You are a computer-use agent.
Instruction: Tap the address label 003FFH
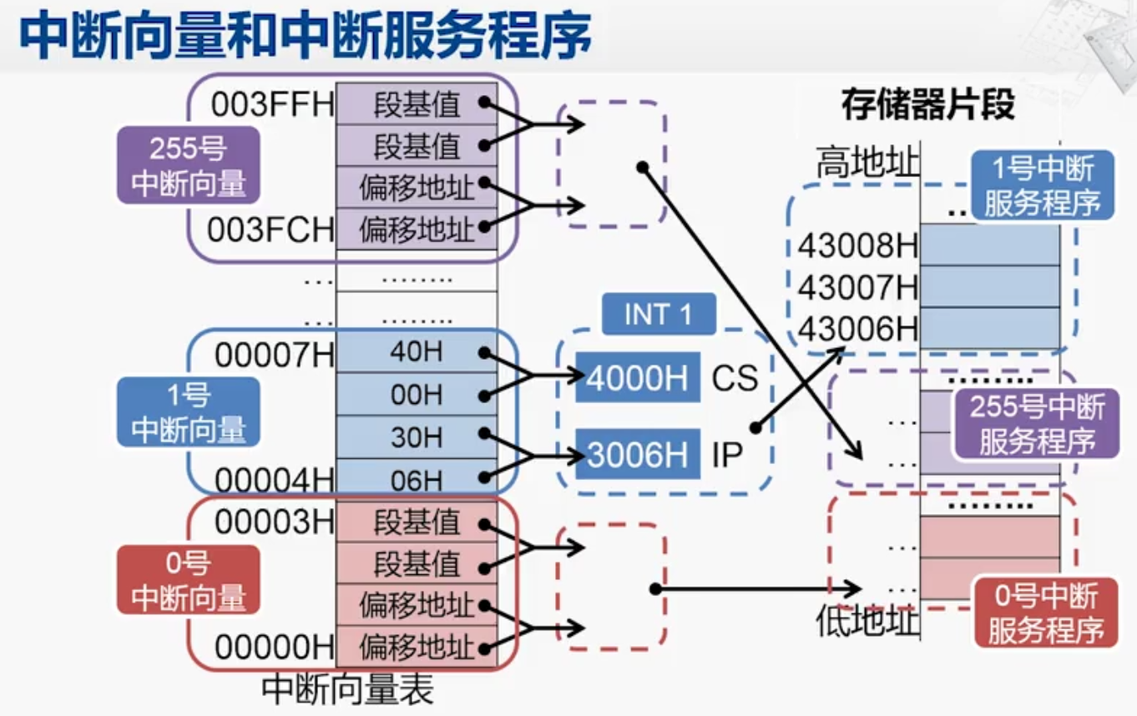click(x=272, y=105)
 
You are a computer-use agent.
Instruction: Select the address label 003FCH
click(x=270, y=229)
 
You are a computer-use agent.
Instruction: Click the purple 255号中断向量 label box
click(x=189, y=165)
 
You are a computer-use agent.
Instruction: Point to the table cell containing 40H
click(x=416, y=352)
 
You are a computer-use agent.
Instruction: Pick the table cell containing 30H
click(x=416, y=436)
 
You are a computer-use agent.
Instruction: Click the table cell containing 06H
click(x=416, y=480)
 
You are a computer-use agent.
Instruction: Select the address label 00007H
click(x=274, y=355)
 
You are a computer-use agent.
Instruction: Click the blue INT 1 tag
click(x=659, y=315)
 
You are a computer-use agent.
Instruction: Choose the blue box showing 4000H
click(x=638, y=378)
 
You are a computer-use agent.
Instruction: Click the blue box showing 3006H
click(x=638, y=455)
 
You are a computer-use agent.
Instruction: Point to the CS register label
click(x=735, y=379)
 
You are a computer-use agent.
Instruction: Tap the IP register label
click(x=726, y=456)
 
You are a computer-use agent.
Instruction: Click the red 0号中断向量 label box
click(x=189, y=580)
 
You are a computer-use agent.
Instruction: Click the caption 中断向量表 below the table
click(x=347, y=690)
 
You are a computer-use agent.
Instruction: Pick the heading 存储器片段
click(x=927, y=106)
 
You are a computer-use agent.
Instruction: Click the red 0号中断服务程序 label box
click(x=1045, y=613)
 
